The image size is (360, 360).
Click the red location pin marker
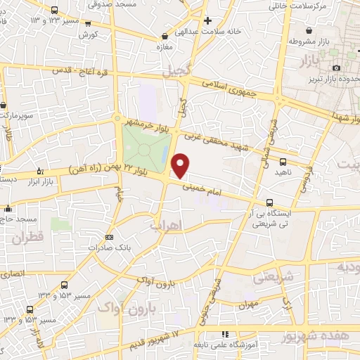[181, 165]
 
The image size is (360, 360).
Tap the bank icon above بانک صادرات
[108, 237]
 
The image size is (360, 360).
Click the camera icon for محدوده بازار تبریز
[337, 67]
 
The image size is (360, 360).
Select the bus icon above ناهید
[302, 162]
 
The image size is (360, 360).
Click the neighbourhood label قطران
[27, 238]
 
